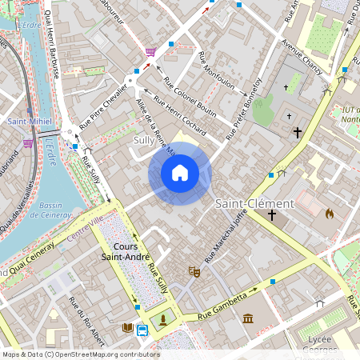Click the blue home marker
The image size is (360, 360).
point(180,172)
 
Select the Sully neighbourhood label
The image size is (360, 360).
point(143,139)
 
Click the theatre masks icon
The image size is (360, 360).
point(193,272)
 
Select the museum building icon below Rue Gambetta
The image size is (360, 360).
point(248,319)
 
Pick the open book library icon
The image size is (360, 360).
point(127,327)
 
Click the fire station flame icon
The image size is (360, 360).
point(328,214)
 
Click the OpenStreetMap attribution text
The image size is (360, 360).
point(80,354)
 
